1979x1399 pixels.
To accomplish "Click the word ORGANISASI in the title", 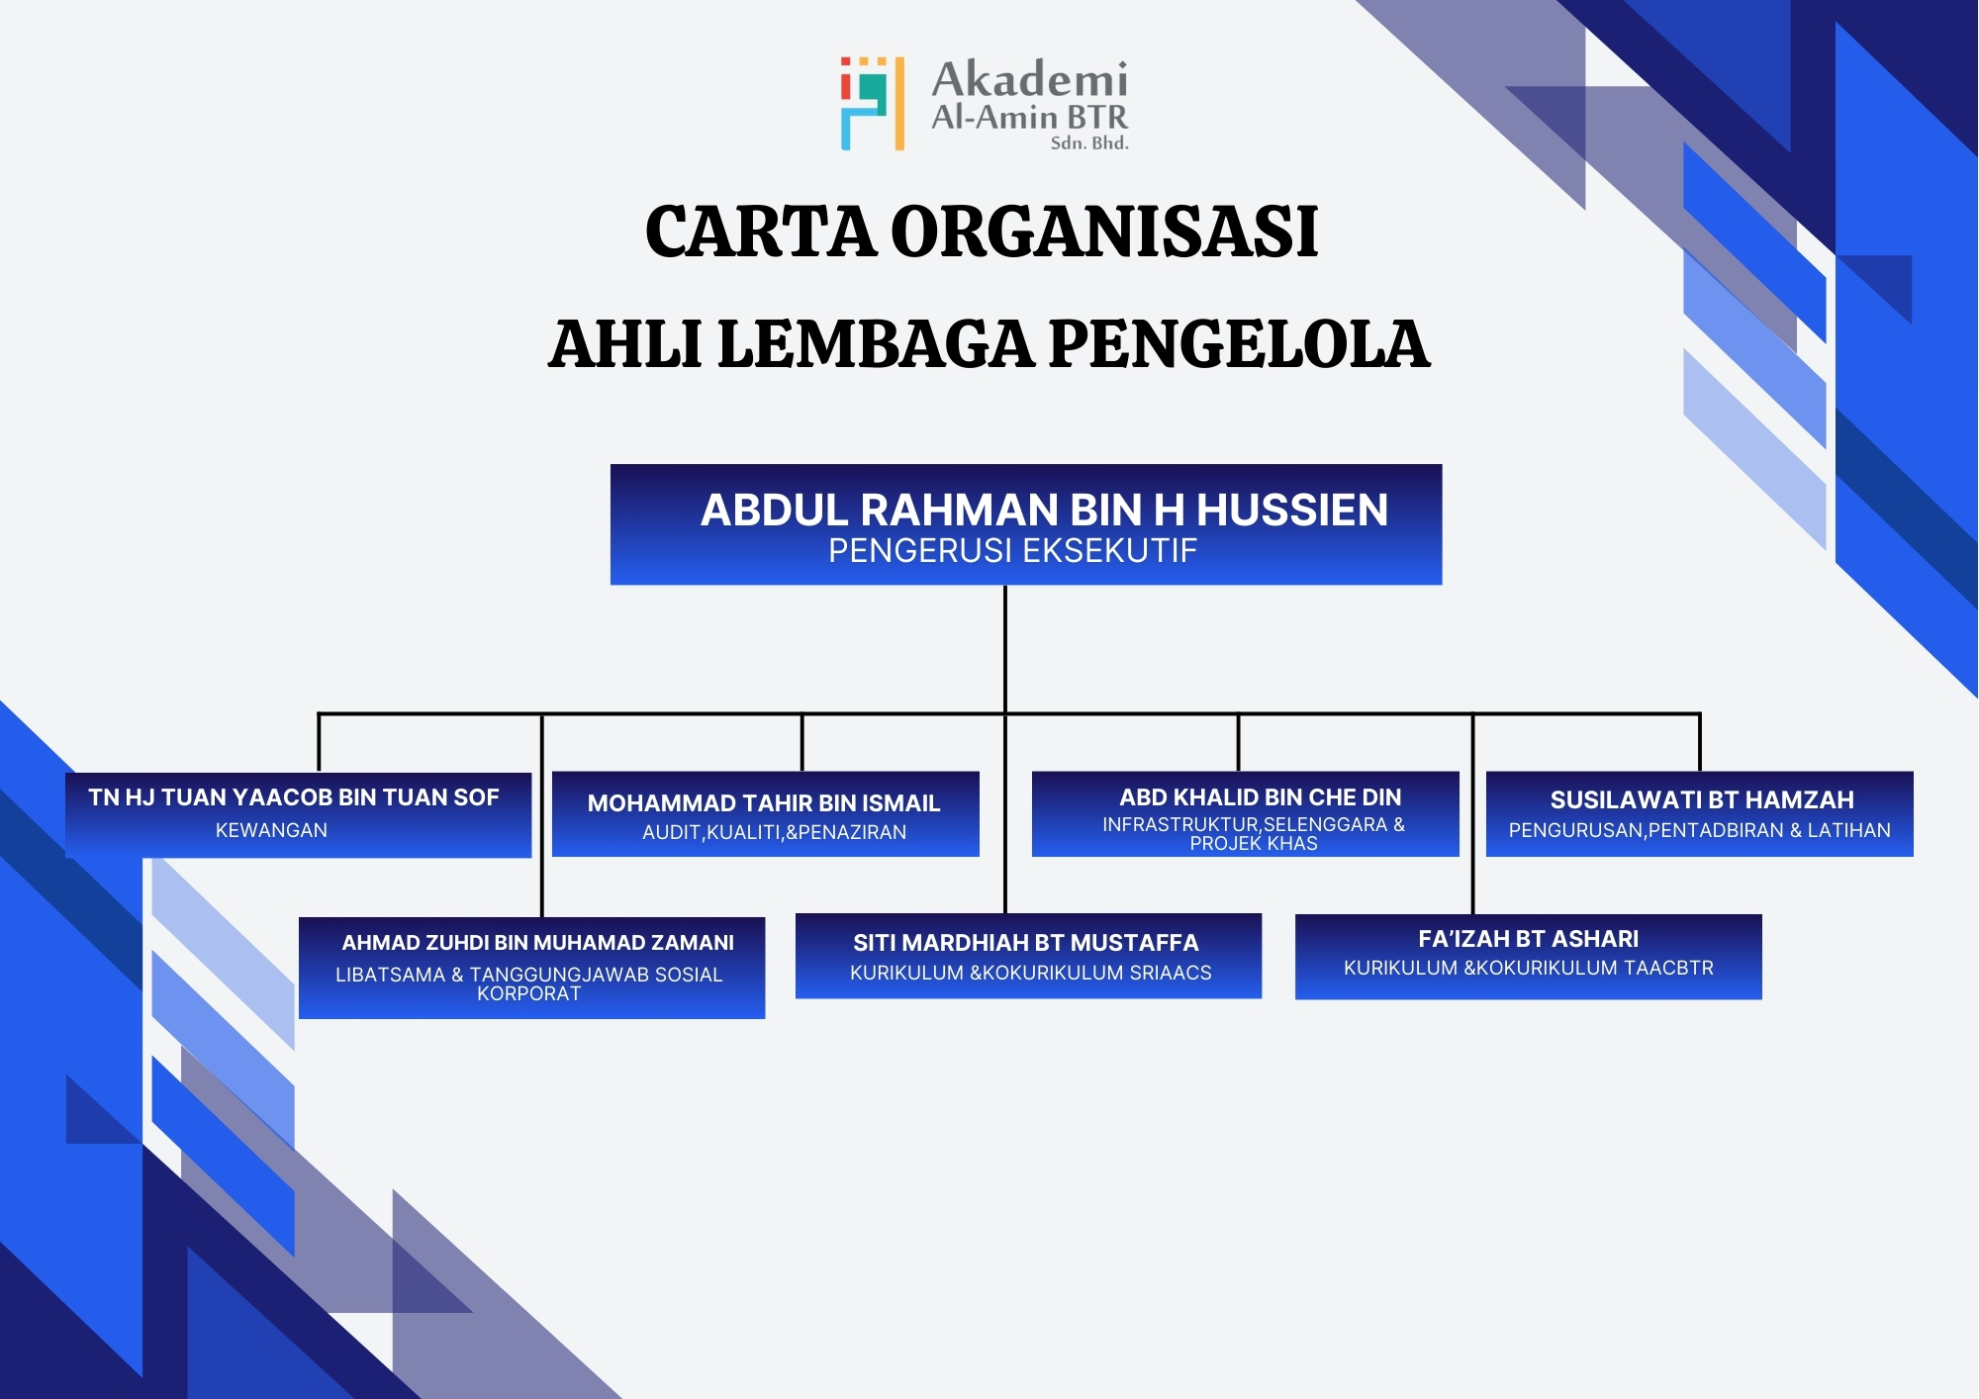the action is click(x=1104, y=232).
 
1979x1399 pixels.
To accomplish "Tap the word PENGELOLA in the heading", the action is click(x=1239, y=344).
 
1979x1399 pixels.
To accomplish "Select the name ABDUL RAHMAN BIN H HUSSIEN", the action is click(x=1044, y=511).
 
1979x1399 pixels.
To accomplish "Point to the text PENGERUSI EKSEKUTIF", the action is click(x=1012, y=550).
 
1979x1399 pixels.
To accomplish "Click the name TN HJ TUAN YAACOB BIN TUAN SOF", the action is click(x=294, y=797).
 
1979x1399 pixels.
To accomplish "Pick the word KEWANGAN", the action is click(x=271, y=830).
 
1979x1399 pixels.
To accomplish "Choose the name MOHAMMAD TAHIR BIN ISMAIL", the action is click(x=764, y=803).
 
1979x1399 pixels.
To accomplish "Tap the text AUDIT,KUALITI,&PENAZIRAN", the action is click(x=775, y=832).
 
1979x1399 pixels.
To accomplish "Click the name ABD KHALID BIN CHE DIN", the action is click(x=1261, y=797).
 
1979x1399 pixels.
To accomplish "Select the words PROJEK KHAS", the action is click(x=1254, y=843).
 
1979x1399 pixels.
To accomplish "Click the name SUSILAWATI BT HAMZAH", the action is click(x=1702, y=799).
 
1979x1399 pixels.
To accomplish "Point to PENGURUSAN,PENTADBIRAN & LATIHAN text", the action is click(x=1700, y=830).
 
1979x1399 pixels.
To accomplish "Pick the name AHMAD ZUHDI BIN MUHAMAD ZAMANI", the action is click(x=538, y=943).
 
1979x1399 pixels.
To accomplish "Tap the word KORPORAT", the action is click(x=529, y=993).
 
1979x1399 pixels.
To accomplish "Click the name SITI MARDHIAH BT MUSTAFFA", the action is click(x=1026, y=943).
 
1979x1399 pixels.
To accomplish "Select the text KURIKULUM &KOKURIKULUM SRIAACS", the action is click(x=1031, y=973).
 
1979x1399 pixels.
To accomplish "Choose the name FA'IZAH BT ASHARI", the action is click(x=1529, y=939).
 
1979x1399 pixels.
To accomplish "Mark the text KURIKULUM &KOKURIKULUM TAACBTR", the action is click(x=1529, y=968).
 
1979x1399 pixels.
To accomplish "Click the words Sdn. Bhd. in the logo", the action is click(x=1089, y=142).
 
